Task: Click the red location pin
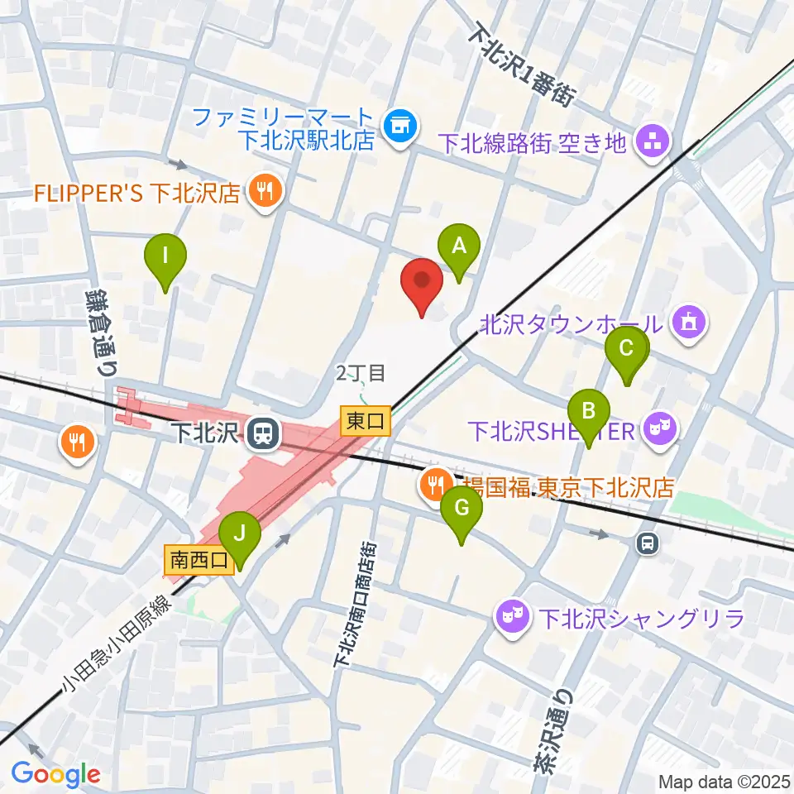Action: click(423, 283)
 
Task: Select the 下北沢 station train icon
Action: click(264, 433)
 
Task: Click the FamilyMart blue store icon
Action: click(401, 127)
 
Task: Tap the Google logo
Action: click(55, 773)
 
